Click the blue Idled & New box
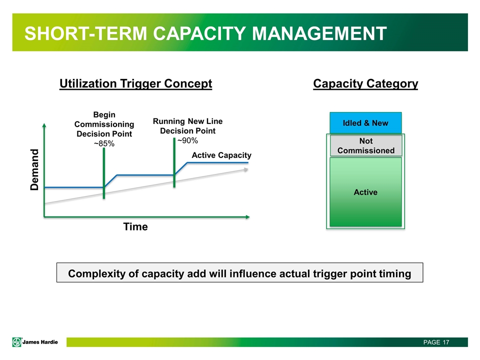click(365, 123)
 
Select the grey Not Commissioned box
click(366, 145)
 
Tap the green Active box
click(365, 192)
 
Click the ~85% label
click(104, 143)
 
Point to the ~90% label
click(187, 140)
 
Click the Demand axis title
click(34, 169)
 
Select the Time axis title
click(135, 226)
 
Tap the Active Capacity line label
click(221, 155)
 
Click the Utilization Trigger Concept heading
click(135, 83)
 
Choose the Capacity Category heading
click(365, 83)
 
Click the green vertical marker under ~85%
click(104, 173)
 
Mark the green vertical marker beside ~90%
click(174, 162)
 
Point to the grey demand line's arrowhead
click(246, 169)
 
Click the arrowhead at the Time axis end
click(247, 217)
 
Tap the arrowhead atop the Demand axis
click(44, 125)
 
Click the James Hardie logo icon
click(17, 342)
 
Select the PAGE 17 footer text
click(436, 342)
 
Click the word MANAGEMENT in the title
click(319, 33)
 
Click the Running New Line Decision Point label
click(187, 126)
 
